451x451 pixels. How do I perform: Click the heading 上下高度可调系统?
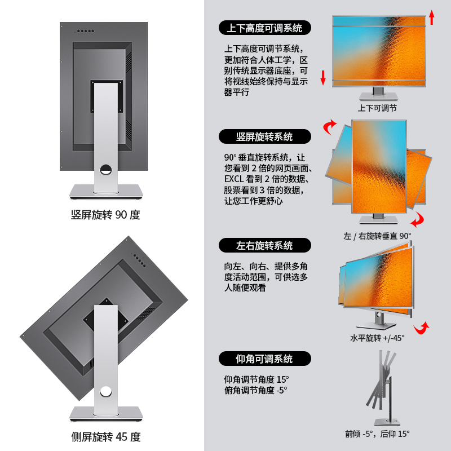264,28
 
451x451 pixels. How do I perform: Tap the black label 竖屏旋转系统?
264,136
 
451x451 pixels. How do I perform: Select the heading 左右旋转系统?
264,246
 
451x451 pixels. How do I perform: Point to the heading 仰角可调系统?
264,359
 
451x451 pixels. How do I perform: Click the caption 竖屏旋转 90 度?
105,215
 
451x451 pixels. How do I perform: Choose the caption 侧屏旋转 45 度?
105,436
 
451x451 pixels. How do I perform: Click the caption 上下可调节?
377,108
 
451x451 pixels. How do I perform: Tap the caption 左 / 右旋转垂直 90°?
377,236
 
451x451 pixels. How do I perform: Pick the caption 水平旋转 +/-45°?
377,338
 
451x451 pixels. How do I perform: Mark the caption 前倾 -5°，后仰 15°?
377,434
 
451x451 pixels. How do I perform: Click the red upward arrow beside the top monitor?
432,17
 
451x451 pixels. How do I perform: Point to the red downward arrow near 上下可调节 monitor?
323,78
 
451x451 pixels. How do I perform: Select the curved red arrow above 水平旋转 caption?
421,328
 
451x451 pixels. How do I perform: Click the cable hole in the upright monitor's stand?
105,167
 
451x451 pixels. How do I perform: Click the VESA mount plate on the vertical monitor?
108,96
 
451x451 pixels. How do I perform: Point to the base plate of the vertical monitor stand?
105,192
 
